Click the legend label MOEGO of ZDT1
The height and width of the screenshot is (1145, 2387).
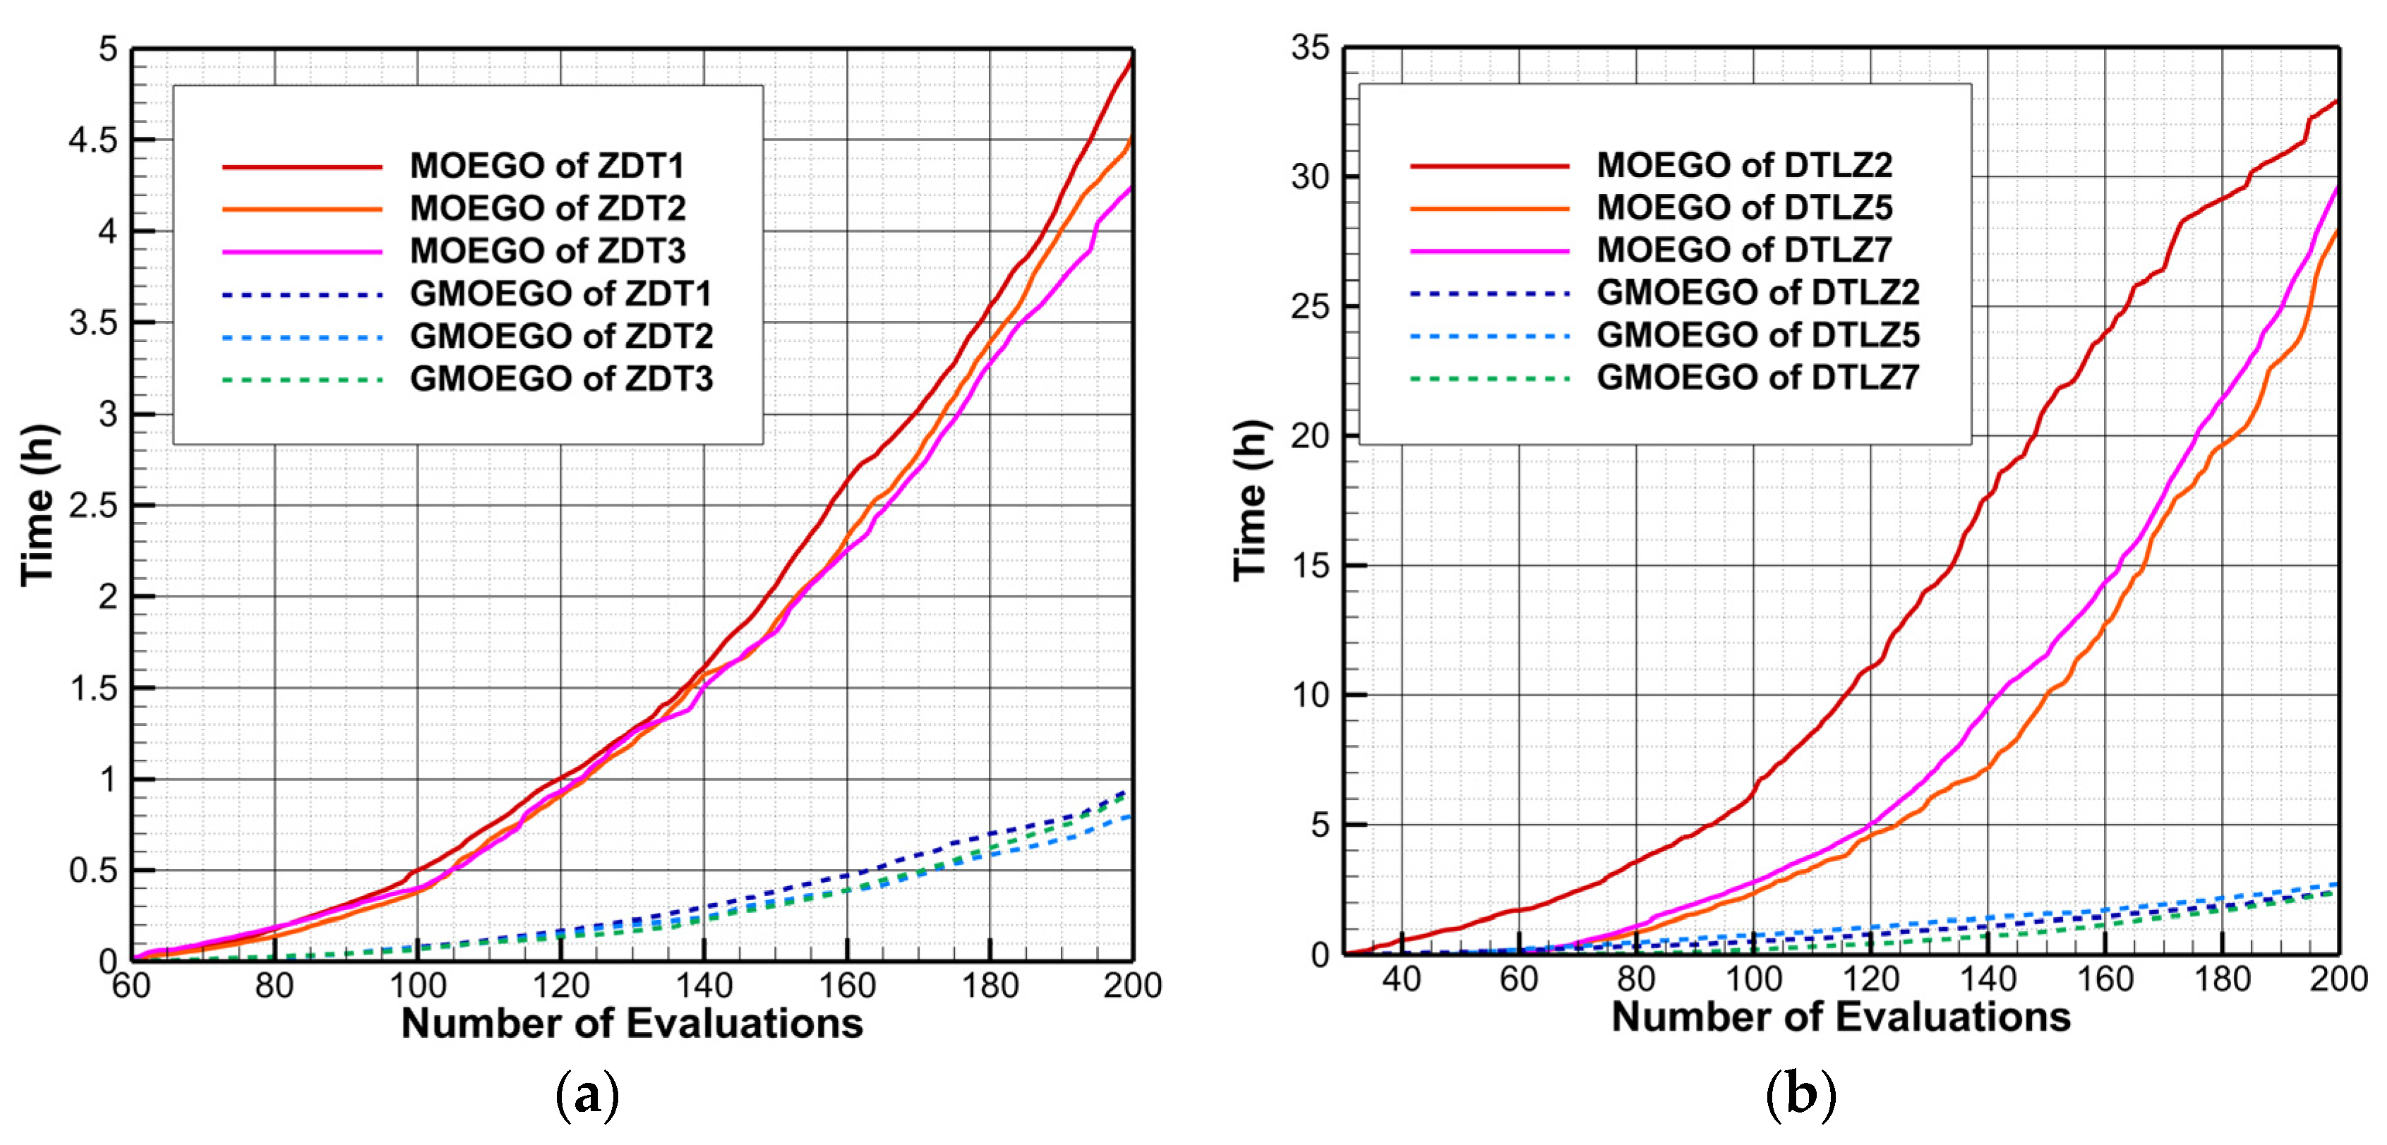(x=547, y=166)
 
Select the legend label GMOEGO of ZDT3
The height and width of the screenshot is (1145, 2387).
(x=562, y=379)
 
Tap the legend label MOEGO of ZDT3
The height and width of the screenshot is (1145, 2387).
(x=547, y=251)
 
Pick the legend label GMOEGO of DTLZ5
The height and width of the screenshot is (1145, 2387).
(x=1758, y=335)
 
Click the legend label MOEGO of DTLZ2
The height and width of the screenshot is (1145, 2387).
(x=1744, y=166)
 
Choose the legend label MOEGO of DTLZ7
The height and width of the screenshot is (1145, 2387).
(x=1744, y=250)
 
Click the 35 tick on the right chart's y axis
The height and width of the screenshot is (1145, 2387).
(x=1310, y=48)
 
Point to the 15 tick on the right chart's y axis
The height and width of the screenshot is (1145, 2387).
(x=1310, y=566)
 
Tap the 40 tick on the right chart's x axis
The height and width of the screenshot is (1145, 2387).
(x=1401, y=979)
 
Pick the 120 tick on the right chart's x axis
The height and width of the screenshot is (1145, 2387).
(x=1870, y=979)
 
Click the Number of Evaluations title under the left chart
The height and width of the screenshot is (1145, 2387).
(x=632, y=1024)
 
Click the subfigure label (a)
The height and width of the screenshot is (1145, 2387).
(x=587, y=1096)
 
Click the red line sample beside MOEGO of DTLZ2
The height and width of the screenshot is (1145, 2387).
(x=1489, y=166)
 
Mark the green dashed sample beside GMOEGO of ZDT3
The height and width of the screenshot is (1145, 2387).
(x=302, y=380)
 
